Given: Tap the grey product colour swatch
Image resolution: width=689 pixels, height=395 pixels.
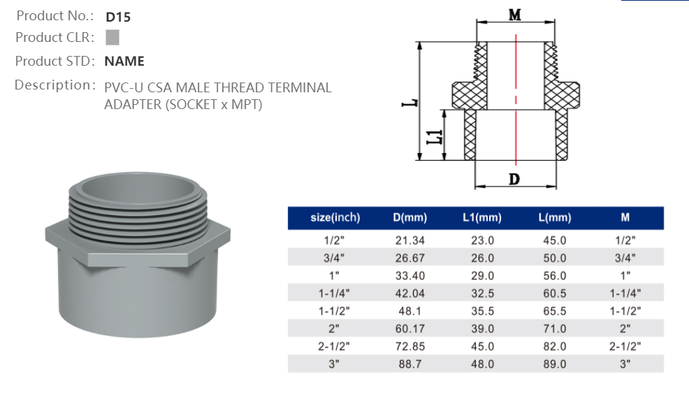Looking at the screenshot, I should coord(113,37).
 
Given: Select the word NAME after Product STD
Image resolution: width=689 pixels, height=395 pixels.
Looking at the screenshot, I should coord(124,62).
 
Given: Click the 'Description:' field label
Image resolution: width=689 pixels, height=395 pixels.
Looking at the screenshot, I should coord(55,85).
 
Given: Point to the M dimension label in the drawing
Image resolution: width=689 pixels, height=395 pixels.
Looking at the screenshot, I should coord(514,14).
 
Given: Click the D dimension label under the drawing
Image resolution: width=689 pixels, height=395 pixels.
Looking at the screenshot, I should coord(514,179).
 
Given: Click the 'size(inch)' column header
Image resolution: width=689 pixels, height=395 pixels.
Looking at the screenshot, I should coord(335,218).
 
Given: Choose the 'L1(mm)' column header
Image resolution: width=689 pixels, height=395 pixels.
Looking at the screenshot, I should coord(482,218).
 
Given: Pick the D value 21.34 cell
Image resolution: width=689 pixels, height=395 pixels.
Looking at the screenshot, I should coord(409,240).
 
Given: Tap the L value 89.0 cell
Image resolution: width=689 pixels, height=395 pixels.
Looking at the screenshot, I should coord(555,364).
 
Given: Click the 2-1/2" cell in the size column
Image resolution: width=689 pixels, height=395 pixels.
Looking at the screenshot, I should coord(335,346).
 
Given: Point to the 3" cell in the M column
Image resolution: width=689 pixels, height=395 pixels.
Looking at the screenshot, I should coord(625,364).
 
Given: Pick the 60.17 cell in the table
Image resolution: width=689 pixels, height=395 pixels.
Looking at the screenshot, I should coord(409,329).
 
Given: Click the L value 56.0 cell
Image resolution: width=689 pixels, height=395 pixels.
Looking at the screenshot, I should coord(555,275).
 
